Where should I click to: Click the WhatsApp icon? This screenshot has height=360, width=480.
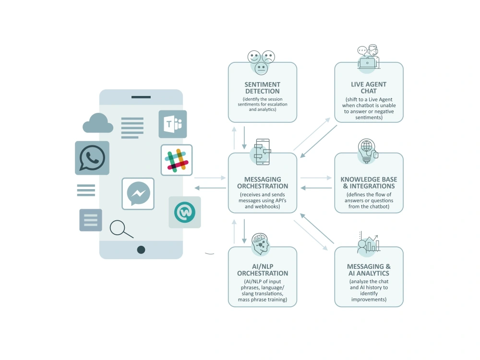[x=92, y=158]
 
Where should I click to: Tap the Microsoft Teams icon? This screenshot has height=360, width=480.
[x=173, y=124]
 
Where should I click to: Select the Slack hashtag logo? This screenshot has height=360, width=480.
[x=177, y=160]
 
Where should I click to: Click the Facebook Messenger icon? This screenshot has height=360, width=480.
[x=138, y=194]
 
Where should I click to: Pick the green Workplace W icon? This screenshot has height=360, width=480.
[x=185, y=212]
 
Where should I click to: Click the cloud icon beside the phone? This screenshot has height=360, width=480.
[x=98, y=123]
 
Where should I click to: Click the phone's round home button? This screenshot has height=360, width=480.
[x=141, y=250]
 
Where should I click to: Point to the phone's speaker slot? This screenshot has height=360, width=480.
[x=141, y=97]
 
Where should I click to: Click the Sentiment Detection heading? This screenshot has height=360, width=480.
[x=263, y=88]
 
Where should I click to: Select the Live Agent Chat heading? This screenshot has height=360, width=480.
[x=369, y=87]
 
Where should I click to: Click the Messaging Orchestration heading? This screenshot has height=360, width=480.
[x=263, y=183]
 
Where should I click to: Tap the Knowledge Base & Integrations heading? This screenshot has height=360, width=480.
[x=369, y=183]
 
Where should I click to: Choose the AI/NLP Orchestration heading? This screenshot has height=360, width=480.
[x=263, y=270]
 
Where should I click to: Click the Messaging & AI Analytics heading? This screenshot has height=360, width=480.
[x=369, y=270]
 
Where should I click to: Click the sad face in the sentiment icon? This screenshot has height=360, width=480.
[x=268, y=57]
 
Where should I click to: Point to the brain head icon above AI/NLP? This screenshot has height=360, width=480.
[x=260, y=244]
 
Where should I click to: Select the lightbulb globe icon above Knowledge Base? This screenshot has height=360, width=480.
[x=368, y=151]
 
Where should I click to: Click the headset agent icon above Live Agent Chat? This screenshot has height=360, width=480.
[x=369, y=57]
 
